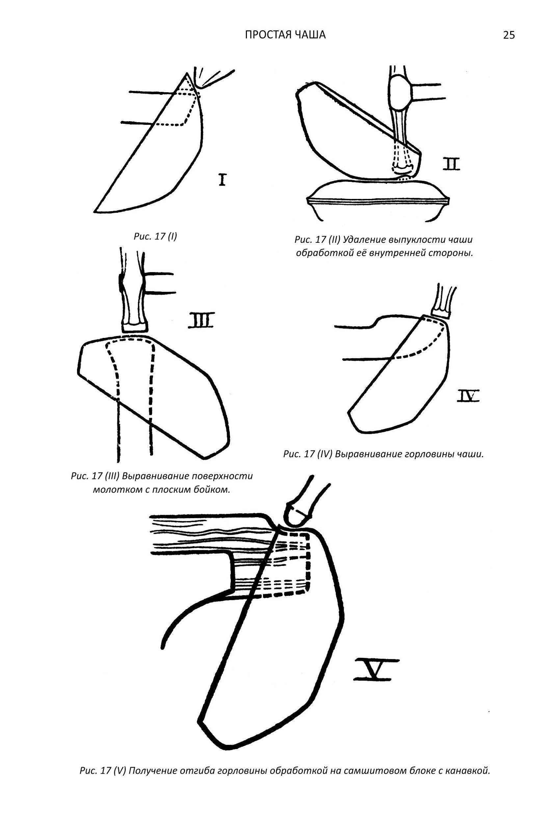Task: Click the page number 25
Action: (509, 35)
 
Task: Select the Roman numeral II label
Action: (451, 164)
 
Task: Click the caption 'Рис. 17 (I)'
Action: (155, 236)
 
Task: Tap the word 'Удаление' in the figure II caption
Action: (364, 240)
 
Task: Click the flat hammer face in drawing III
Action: (134, 327)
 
